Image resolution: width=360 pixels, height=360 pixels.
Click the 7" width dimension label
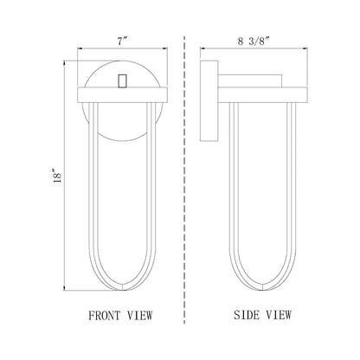click(122, 42)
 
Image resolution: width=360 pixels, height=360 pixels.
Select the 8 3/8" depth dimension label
click(254, 42)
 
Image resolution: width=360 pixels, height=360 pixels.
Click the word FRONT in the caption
click(105, 316)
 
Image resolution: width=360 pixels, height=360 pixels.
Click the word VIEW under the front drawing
click(140, 316)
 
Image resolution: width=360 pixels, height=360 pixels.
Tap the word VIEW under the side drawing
click(279, 315)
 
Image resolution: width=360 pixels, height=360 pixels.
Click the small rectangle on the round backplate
click(123, 80)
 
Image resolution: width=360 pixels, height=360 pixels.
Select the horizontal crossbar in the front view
click(123, 94)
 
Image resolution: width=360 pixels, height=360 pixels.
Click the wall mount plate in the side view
click(209, 100)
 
